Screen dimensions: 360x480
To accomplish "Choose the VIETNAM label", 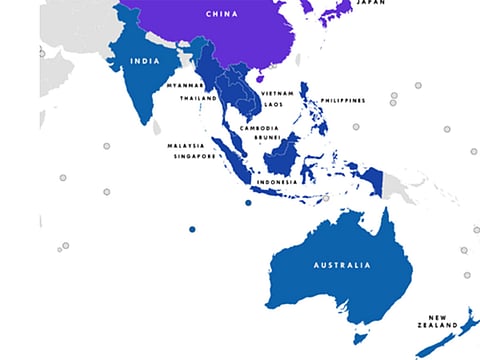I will click(277, 93).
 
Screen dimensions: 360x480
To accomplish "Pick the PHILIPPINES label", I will click(343, 100).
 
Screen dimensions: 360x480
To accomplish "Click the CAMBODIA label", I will click(258, 128).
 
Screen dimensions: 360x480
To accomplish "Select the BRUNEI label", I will click(265, 138).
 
